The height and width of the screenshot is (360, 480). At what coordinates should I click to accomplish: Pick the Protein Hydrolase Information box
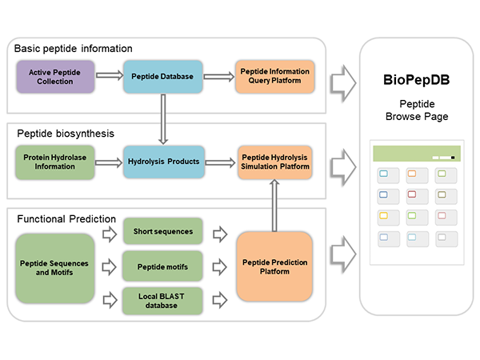(55, 162)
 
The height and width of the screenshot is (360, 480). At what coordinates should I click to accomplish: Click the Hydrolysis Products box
(161, 162)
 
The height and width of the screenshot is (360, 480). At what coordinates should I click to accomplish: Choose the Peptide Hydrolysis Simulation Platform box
(273, 162)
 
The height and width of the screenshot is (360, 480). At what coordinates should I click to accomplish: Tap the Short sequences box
(162, 232)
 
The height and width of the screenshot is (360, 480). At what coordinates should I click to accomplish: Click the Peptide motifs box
(162, 267)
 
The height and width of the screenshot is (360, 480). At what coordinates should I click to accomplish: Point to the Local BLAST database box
(162, 300)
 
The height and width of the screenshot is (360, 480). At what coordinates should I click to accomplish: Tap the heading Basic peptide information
(73, 49)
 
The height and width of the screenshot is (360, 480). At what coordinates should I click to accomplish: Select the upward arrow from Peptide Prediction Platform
(274, 204)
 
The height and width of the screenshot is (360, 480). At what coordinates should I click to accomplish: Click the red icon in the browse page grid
(412, 194)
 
